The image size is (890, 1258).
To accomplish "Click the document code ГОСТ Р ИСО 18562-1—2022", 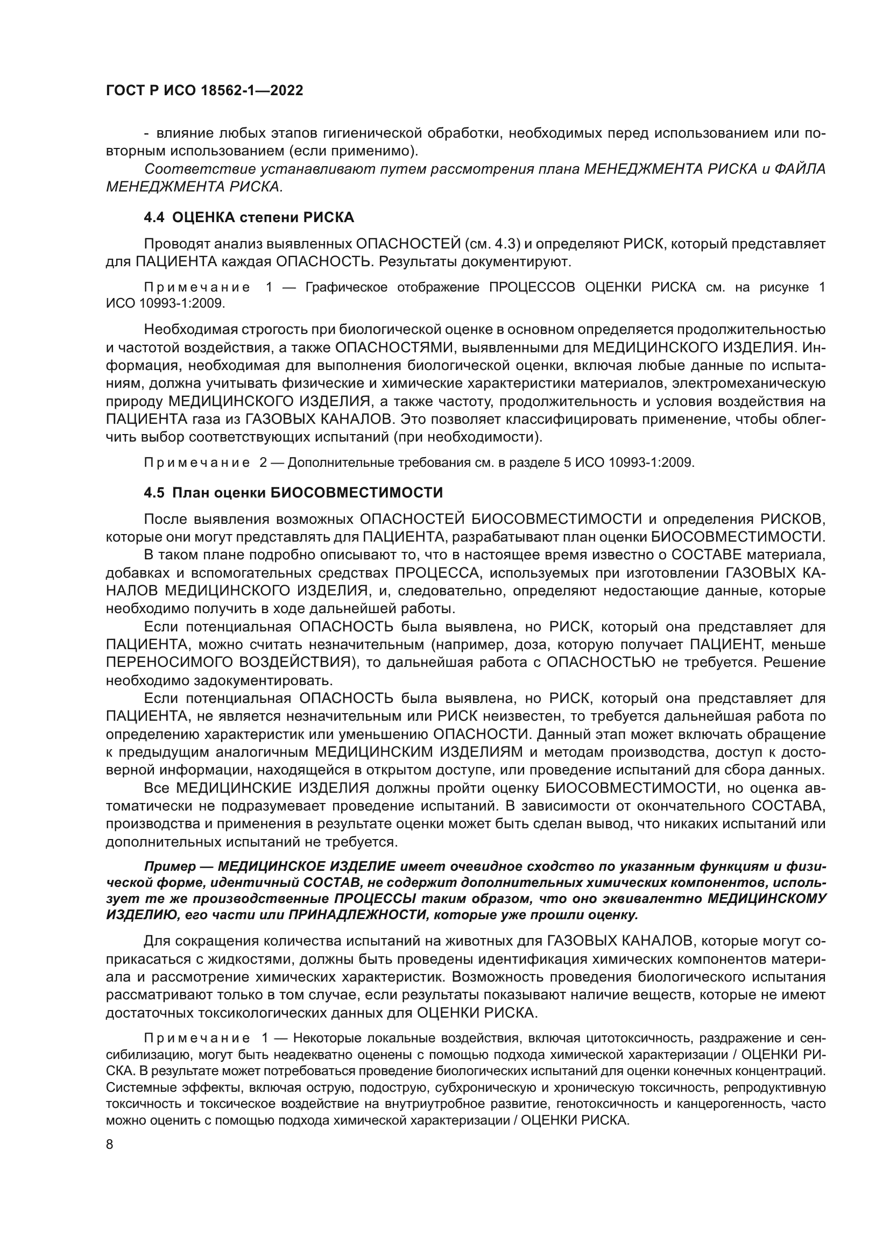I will (x=204, y=91).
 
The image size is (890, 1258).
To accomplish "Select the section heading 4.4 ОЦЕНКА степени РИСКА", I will (x=249, y=217).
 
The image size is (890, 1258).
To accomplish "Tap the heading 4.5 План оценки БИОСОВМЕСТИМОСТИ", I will (x=293, y=493).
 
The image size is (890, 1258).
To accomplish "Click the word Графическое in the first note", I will (x=346, y=287).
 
